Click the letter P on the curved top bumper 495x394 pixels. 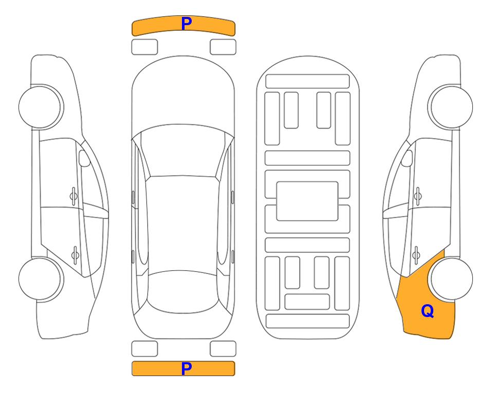point(187,24)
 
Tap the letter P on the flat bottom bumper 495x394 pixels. point(187,368)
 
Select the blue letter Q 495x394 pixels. point(428,311)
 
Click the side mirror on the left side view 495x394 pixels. point(84,158)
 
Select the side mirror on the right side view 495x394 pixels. point(407,158)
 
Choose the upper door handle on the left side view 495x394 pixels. point(74,196)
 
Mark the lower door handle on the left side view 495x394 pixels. point(75,254)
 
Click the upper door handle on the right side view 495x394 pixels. point(418,196)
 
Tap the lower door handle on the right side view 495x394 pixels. point(416,254)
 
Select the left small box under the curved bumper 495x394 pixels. point(144,47)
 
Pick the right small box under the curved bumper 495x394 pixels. point(223,47)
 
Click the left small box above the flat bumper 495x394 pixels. point(144,349)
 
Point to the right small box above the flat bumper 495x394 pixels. point(223,349)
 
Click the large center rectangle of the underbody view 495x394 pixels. point(307,201)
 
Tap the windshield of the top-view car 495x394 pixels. point(183,151)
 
